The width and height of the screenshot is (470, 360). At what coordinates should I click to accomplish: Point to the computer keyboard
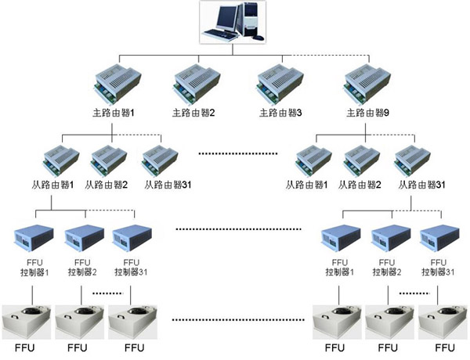click(x=220, y=35)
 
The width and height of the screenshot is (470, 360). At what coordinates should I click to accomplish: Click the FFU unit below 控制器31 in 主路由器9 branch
click(x=441, y=321)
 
